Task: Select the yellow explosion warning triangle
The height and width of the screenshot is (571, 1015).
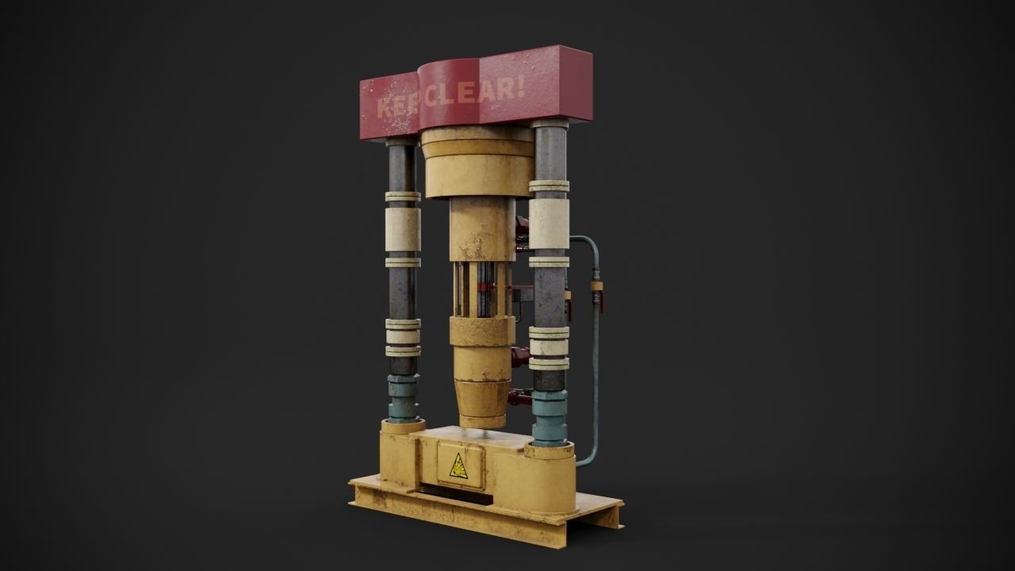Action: pyautogui.click(x=458, y=469)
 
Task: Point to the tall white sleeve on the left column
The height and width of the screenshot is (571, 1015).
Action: pyautogui.click(x=403, y=230)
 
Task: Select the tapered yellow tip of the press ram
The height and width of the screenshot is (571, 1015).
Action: pyautogui.click(x=484, y=404)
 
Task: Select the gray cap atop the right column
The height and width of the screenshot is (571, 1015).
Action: pyautogui.click(x=549, y=125)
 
